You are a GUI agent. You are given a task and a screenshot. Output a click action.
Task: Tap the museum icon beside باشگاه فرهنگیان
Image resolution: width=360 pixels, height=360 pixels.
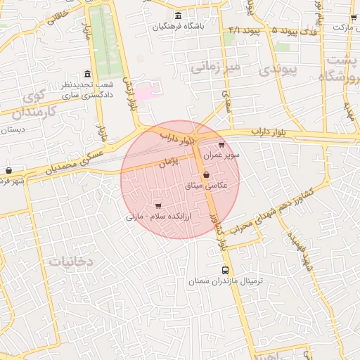pyautogui.click(x=178, y=15)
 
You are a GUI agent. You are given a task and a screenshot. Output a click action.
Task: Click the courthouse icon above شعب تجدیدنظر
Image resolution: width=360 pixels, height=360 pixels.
pyautogui.click(x=87, y=74)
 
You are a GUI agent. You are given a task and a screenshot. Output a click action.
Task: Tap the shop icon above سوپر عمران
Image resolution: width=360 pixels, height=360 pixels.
pyautogui.click(x=222, y=143)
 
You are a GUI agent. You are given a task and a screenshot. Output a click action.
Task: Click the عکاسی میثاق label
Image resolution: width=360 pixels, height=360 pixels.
pyautogui.click(x=206, y=185)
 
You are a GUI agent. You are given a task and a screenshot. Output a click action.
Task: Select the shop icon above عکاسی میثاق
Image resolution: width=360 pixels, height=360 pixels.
pyautogui.click(x=205, y=174)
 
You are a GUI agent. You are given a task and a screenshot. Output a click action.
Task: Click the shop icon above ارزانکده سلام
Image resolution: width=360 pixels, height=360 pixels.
pyautogui.click(x=157, y=205)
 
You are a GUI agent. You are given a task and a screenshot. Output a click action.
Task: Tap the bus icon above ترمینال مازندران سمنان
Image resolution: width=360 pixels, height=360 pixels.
pyautogui.click(x=225, y=270)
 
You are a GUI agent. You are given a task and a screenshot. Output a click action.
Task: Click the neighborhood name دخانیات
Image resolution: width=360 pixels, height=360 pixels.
pyautogui.click(x=71, y=261)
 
